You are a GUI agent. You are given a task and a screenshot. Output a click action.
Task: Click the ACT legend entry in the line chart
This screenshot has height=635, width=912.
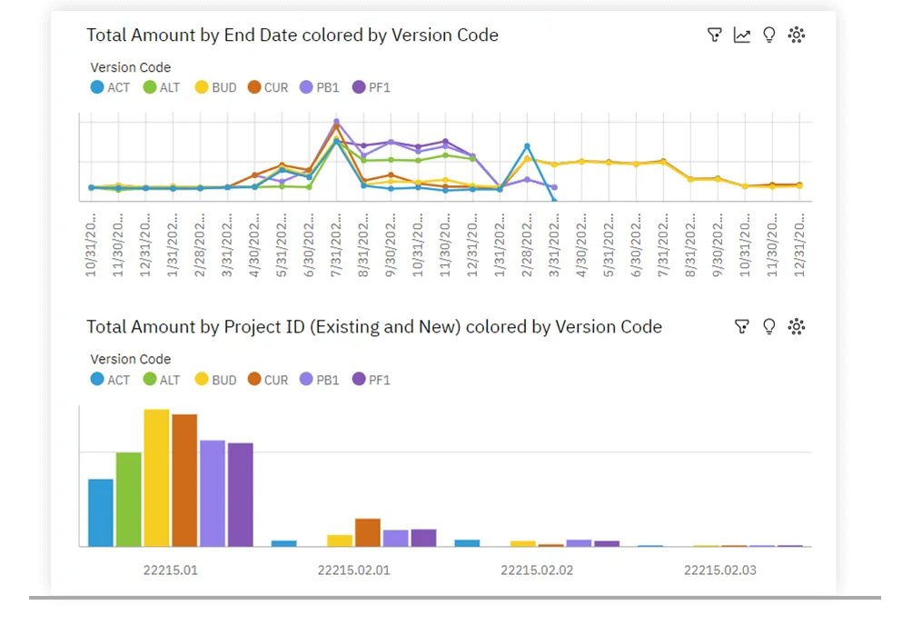point(110,88)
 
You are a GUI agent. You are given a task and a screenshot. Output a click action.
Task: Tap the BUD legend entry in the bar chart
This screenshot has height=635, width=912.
point(214,380)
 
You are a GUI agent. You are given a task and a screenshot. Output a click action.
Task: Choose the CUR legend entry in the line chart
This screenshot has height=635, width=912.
point(267,88)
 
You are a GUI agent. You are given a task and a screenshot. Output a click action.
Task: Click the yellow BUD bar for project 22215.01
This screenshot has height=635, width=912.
point(157,478)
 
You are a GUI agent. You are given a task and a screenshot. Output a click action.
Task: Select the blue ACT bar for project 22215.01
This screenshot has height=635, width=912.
point(101,512)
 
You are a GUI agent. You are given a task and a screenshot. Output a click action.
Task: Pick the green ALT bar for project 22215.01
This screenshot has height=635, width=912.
point(129,499)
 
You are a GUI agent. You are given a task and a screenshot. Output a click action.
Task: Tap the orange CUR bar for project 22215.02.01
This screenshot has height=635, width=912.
point(368,532)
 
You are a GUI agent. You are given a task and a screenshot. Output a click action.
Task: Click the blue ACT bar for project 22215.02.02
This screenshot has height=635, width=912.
point(467,542)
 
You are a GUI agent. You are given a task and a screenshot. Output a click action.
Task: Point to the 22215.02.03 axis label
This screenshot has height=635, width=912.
point(719,571)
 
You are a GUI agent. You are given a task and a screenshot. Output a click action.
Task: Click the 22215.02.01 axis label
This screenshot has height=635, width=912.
point(353,571)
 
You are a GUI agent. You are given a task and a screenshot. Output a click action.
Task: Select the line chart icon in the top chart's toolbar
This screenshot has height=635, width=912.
point(742,35)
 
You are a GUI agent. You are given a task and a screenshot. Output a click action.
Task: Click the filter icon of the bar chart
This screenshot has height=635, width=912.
point(742,327)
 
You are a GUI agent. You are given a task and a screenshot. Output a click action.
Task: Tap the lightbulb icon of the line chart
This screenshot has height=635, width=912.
point(769,35)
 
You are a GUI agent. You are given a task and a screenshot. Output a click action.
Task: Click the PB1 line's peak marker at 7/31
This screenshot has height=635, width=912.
point(336,121)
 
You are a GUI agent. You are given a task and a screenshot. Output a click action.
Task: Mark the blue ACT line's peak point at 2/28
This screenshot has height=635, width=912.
point(527,145)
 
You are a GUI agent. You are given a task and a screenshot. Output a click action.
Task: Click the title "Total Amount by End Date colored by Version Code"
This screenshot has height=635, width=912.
point(292,35)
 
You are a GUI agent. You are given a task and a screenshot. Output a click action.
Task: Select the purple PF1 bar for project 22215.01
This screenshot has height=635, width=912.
point(241,494)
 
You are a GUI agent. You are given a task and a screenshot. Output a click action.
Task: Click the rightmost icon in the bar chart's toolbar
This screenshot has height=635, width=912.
point(797,327)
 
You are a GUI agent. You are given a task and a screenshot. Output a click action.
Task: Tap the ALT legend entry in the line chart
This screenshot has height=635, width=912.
point(162,88)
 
